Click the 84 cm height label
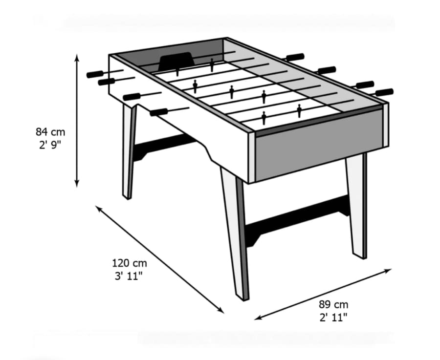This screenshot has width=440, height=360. tap(50, 132)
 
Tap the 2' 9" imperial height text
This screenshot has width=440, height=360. tap(50, 145)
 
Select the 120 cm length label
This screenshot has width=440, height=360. tap(130, 263)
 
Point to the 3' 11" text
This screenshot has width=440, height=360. tap(129, 276)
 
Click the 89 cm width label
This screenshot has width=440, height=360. tap(333, 304)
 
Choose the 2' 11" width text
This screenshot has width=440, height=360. tap(333, 318)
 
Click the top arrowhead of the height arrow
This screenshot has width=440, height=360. tap(77, 57)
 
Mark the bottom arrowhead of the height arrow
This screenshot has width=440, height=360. tap(77, 184)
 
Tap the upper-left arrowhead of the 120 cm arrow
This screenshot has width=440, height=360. tap(98, 209)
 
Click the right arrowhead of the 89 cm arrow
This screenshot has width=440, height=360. tap(388, 271)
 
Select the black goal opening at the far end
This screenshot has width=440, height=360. tap(177, 60)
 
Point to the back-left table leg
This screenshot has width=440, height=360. tap(129, 151)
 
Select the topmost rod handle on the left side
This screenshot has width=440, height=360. tap(95, 74)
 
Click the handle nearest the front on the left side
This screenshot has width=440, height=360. tap(159, 112)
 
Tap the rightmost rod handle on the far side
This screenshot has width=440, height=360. tap(384, 92)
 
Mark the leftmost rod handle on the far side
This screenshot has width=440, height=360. tap(295, 57)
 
